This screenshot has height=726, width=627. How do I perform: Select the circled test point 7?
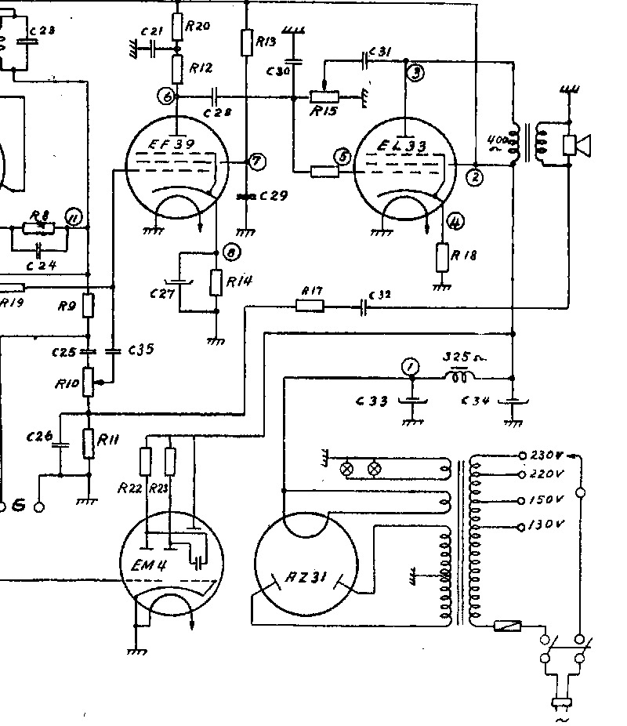point(256,162)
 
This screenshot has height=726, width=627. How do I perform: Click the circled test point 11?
point(74,218)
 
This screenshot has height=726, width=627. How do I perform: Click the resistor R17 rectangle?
point(311,307)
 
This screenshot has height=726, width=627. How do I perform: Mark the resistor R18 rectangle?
point(443,256)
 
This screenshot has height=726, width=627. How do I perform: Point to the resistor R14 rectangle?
point(216,282)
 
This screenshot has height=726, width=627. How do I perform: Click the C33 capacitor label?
point(371,401)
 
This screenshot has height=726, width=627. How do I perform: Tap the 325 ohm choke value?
point(462,357)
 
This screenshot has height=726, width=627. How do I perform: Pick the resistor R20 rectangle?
point(177,29)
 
